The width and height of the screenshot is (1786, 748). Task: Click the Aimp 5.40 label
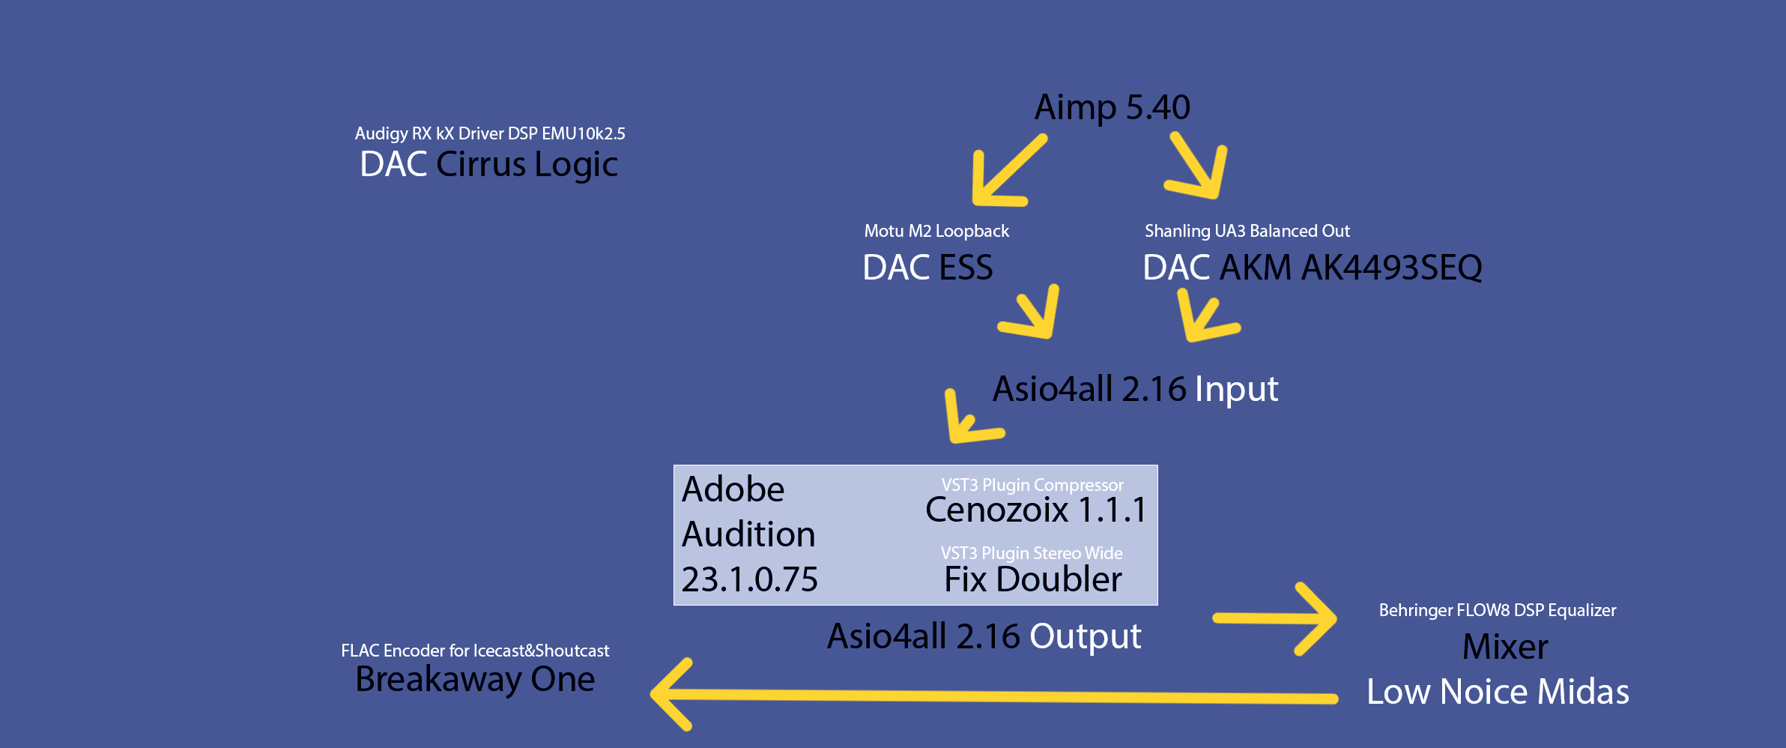[1113, 108]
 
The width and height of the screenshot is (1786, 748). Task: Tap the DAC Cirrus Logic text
[488, 165]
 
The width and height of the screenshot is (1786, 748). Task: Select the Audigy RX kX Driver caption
[490, 133]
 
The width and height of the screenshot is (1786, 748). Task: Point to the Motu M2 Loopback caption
[936, 231]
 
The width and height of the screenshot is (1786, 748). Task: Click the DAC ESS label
[927, 268]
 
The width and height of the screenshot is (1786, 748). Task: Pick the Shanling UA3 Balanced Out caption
[1247, 231]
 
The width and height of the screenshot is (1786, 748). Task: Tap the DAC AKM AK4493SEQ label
[1313, 268]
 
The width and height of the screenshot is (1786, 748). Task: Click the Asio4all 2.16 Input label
[1135, 390]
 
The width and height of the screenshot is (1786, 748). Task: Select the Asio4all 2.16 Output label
[984, 637]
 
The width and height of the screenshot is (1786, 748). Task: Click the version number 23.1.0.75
[749, 579]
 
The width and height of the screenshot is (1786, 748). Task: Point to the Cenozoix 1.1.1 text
[1035, 510]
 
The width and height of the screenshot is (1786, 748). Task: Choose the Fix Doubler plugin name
[1033, 579]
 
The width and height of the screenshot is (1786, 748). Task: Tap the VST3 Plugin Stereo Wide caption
[1032, 553]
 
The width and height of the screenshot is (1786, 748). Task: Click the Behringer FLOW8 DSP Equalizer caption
[1498, 610]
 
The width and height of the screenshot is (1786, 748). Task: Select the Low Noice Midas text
[1498, 692]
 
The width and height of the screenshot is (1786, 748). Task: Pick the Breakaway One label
[475, 680]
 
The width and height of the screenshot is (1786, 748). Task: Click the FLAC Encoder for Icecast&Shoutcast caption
[475, 651]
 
